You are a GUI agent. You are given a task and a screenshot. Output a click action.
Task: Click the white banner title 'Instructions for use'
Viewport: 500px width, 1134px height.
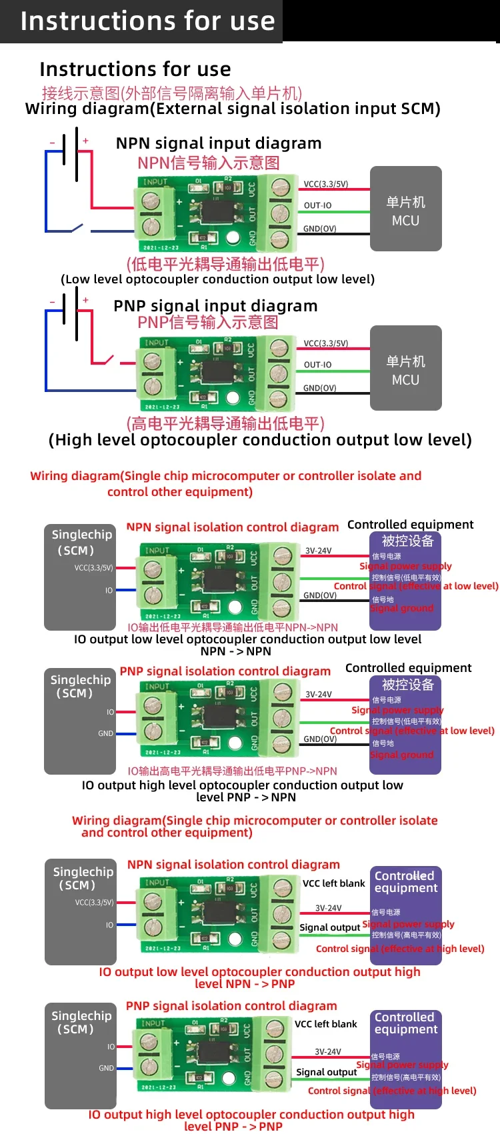[x=147, y=21]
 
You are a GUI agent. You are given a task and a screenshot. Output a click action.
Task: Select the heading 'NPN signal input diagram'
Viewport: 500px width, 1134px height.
[x=219, y=143]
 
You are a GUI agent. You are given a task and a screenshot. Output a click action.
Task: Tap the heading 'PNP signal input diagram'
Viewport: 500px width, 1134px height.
[x=215, y=306]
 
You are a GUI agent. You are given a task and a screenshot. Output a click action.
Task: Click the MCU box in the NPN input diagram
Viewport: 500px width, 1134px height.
[x=405, y=209]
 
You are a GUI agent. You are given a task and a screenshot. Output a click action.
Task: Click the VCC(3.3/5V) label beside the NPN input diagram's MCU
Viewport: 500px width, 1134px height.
[x=325, y=184]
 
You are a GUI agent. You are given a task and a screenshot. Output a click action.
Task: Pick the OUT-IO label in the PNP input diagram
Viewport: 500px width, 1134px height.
[x=317, y=365]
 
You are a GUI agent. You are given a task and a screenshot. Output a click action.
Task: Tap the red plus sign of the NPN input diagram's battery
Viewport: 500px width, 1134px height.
[x=85, y=141]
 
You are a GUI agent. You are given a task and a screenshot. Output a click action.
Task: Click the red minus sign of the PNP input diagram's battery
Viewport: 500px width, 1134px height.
[x=52, y=302]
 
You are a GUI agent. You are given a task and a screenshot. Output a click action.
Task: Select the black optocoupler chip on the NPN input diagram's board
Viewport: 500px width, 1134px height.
[x=217, y=211]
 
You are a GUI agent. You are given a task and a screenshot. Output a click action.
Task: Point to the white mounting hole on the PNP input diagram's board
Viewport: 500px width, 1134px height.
[x=233, y=398]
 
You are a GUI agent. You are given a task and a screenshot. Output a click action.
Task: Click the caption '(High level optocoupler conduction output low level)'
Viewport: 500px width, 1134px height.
[x=260, y=440]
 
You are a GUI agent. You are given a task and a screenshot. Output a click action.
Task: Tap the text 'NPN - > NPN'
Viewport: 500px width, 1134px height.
[x=235, y=651]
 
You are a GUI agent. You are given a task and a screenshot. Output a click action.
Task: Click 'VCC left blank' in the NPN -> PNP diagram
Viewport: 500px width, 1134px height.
[x=333, y=883]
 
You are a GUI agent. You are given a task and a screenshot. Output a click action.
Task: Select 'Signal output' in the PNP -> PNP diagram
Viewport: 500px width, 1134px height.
[x=326, y=1072]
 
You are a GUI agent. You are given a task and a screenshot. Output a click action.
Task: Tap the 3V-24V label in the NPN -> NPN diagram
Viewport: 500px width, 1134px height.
[x=318, y=551]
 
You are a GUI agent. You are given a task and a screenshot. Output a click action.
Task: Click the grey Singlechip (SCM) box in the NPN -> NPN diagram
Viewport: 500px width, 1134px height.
[x=80, y=577]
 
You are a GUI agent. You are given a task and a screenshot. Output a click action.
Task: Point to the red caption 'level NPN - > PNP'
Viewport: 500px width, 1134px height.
[x=244, y=984]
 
